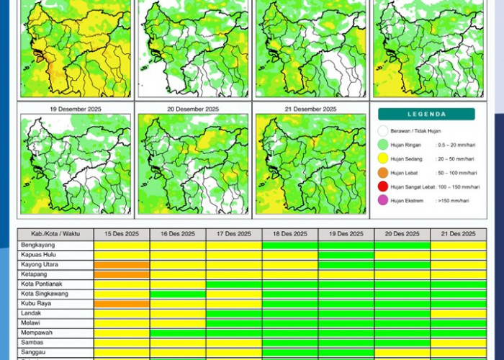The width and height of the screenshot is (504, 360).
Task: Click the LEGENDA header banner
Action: pos(426,114)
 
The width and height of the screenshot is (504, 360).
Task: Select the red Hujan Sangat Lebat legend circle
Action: pos(383,186)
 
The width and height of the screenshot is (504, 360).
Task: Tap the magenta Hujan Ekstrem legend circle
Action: pos(383,200)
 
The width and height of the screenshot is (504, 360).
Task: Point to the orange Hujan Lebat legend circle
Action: pos(383,173)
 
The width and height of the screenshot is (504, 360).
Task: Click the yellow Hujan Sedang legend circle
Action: pos(383,158)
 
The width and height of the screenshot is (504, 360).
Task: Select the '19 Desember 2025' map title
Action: pos(75,109)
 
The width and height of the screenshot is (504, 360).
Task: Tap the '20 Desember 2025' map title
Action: pos(193,109)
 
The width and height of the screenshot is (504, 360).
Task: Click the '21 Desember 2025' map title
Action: pos(310,109)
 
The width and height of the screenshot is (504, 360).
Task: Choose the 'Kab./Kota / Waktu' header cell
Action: pos(55,234)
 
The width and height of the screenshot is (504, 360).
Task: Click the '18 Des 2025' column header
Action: pos(290,234)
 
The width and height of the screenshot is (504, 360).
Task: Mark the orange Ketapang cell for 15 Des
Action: pos(122,274)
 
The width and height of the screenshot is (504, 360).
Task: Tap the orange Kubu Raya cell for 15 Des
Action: pos(122,304)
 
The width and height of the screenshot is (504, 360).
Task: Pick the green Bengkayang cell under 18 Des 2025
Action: pos(290,246)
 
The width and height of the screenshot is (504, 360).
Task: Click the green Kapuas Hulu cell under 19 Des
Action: pos(346,255)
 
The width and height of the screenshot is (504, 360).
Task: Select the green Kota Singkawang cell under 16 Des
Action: pos(178,294)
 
